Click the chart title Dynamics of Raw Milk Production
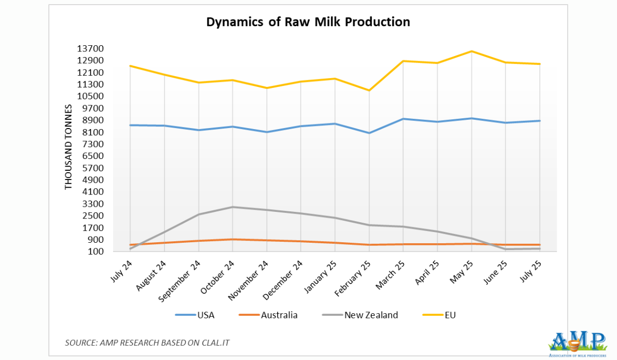pyautogui.click(x=308, y=22)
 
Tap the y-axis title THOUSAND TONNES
pyautogui.click(x=68, y=147)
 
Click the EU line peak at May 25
pyautogui.click(x=471, y=51)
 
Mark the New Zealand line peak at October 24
pyautogui.click(x=232, y=207)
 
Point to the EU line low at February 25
pyautogui.click(x=369, y=91)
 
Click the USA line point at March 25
pyautogui.click(x=403, y=119)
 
